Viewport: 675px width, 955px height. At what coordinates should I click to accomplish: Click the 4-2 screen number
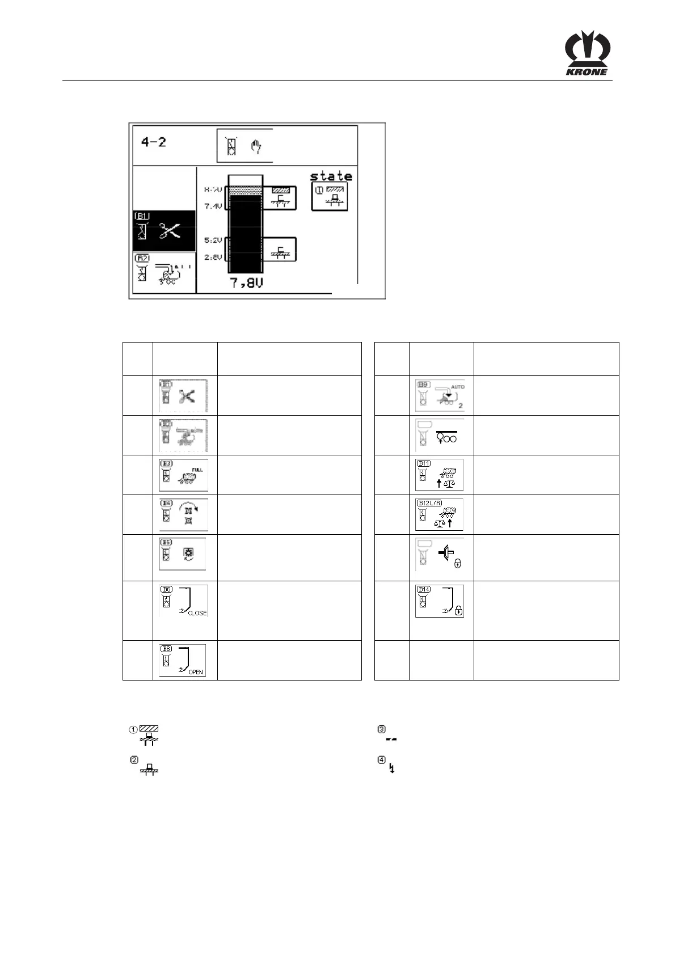[x=154, y=142]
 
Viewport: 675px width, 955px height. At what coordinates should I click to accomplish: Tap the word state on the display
[x=331, y=176]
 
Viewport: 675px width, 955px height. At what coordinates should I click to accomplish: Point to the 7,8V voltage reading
[x=247, y=282]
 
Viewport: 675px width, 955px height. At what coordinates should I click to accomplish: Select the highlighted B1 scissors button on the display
[x=164, y=231]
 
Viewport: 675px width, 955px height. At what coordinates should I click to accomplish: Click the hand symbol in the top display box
[x=256, y=147]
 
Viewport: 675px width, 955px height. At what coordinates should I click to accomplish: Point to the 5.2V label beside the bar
[x=213, y=240]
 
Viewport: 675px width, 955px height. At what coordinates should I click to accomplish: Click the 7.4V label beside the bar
[x=213, y=206]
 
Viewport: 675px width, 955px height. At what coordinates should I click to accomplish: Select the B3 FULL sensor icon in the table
[x=183, y=475]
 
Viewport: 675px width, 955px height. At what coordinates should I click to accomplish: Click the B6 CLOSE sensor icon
[x=183, y=601]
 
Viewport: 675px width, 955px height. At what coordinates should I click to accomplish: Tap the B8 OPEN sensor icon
[x=182, y=660]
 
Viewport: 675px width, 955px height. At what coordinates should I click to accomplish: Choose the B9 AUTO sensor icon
[x=440, y=395]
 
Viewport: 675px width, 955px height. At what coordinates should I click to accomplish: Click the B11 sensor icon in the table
[x=440, y=475]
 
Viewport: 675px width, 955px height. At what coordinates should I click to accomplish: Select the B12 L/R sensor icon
[x=440, y=514]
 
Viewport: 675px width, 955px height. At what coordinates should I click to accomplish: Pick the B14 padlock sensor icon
[x=440, y=601]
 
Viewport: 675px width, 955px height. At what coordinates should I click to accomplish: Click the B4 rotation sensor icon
[x=183, y=514]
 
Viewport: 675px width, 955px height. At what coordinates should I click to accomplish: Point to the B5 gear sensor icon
[x=182, y=554]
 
